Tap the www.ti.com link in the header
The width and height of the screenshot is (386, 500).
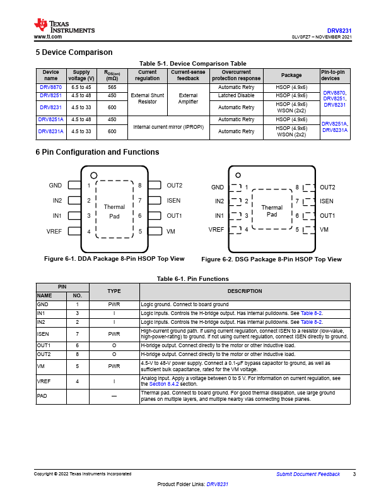point(47,37)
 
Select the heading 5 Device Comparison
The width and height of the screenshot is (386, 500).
point(74,52)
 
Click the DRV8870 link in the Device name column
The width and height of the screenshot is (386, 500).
point(51,87)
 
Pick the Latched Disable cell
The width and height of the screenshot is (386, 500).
point(237,95)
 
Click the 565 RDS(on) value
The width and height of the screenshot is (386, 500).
point(112,87)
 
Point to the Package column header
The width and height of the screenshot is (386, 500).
point(291,75)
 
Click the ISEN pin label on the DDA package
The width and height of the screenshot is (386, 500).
point(173,201)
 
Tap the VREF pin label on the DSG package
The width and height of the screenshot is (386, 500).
point(216,229)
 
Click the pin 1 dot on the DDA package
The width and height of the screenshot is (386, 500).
point(93,176)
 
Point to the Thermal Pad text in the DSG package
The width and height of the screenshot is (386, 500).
point(271,211)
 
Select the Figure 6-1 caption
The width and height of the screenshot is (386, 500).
point(114,259)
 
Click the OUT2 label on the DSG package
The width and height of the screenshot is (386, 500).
point(327,187)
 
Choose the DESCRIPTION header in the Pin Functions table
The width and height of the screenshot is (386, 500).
point(244,291)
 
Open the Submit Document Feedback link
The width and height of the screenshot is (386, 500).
point(308,474)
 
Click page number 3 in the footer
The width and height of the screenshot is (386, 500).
point(354,474)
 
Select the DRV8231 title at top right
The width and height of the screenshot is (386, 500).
point(339,30)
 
